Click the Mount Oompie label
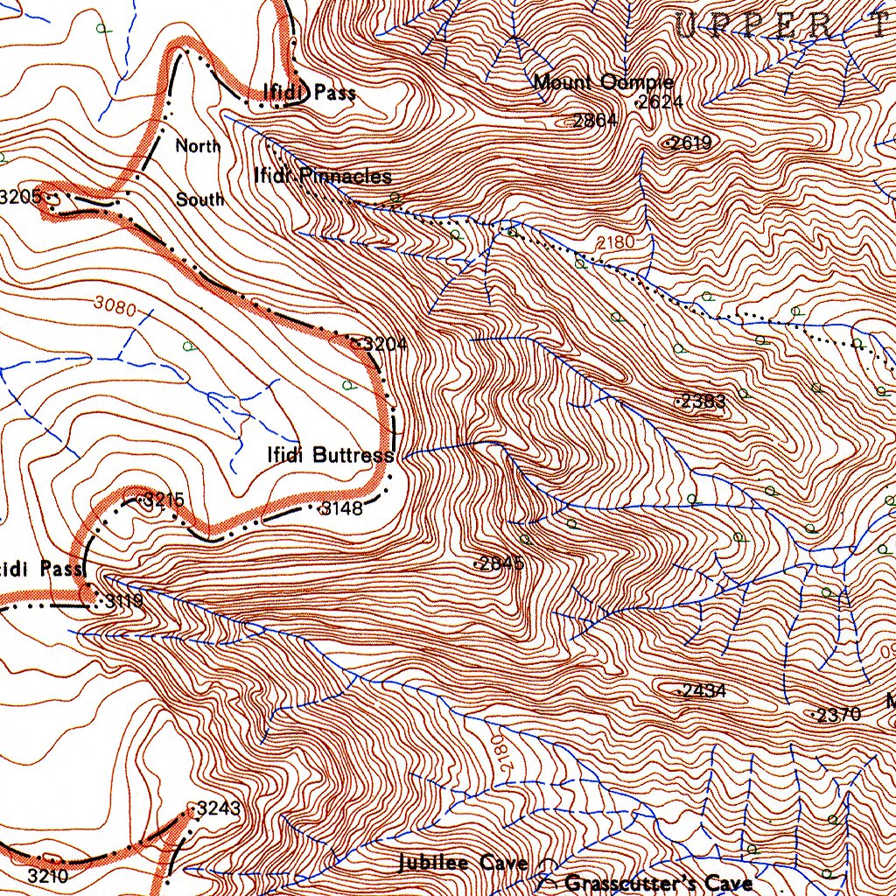603,83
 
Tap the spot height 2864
594,121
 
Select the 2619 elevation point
689,143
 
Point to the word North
199,145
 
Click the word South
200,199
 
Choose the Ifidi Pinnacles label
322,176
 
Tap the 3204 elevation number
384,345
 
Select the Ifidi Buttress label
330,455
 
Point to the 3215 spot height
164,500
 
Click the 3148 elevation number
341,508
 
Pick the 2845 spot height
501,563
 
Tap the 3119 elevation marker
122,601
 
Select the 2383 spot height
703,402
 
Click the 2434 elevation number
703,690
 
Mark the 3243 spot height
217,808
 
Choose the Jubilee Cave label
463,863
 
